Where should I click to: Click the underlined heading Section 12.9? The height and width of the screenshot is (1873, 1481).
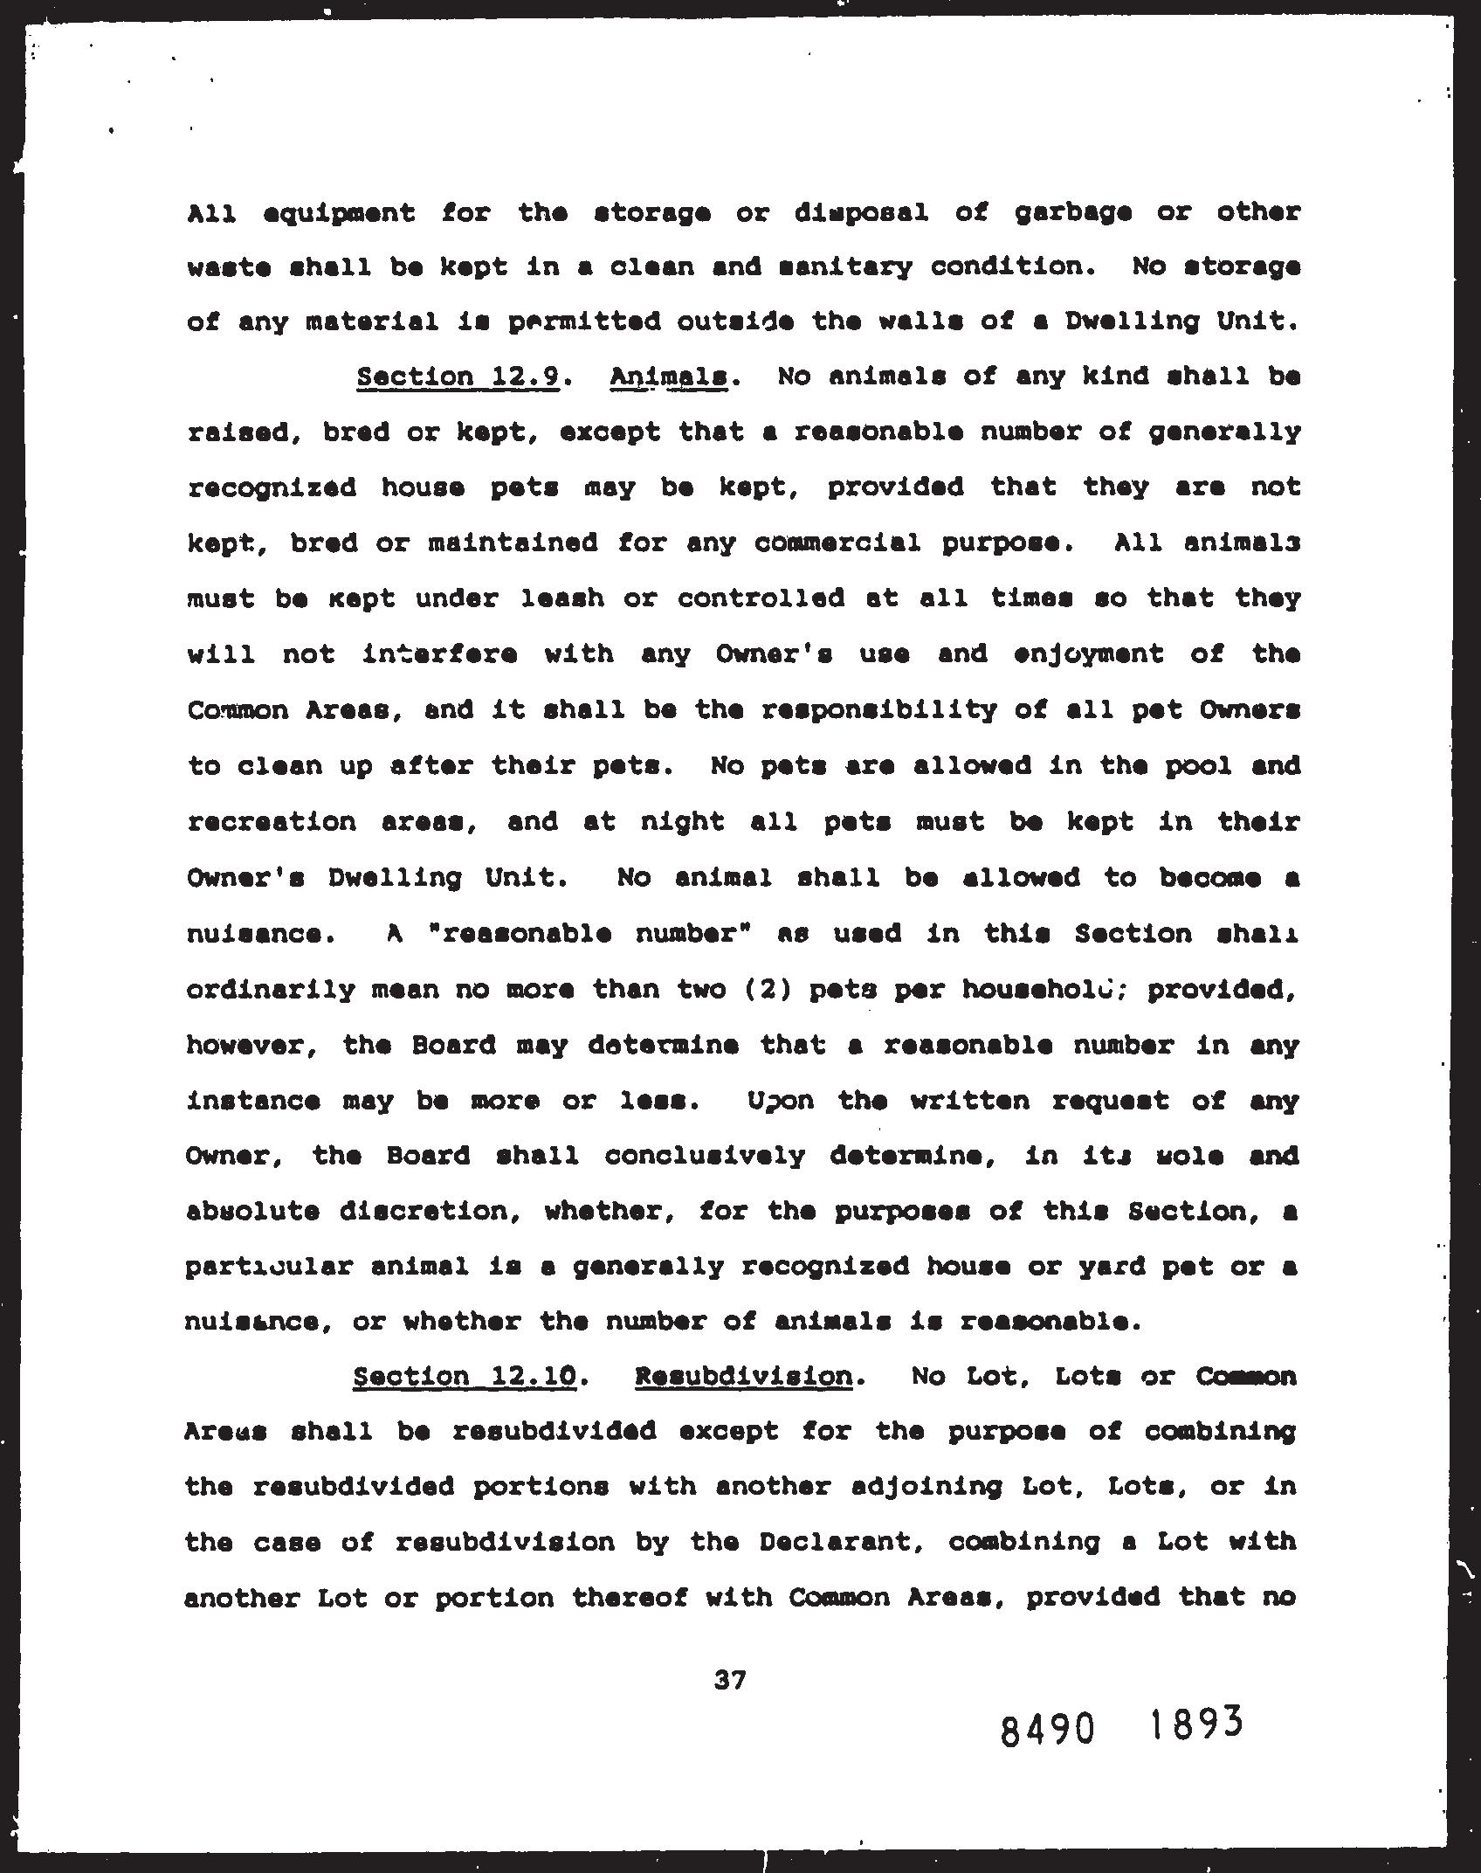[458, 377]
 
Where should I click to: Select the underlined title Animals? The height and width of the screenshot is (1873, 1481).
[669, 377]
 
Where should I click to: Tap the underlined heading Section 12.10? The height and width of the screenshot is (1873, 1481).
[465, 1377]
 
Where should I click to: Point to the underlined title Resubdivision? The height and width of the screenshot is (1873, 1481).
[743, 1377]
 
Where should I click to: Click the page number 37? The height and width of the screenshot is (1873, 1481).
[730, 1679]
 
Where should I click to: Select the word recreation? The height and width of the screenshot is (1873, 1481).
[272, 823]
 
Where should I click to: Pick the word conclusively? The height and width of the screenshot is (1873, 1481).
[705, 1157]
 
